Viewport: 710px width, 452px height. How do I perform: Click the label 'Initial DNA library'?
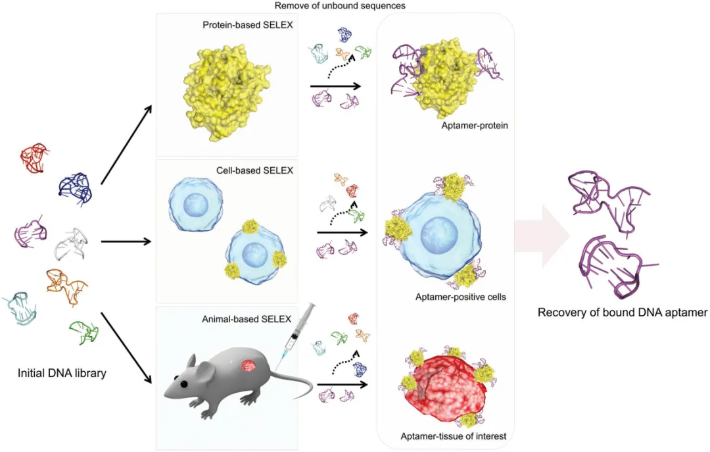(x=62, y=374)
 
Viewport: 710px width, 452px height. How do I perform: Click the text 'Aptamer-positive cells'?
(x=460, y=297)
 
